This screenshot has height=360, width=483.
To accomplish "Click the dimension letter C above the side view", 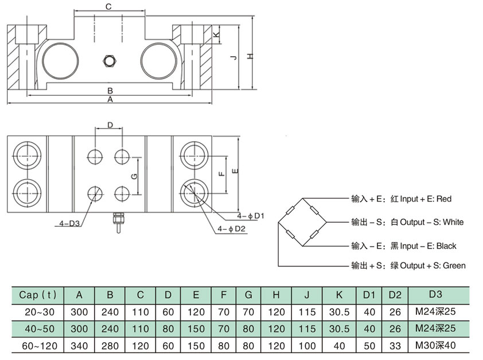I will (x=108, y=6).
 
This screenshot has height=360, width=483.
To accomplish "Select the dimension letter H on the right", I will (x=250, y=56).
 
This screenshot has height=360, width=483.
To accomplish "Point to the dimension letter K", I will (x=216, y=35).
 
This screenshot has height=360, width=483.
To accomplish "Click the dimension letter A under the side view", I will (x=109, y=99).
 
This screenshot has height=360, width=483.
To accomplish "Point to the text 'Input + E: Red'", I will (x=421, y=199).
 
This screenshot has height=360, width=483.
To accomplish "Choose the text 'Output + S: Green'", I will (x=424, y=266).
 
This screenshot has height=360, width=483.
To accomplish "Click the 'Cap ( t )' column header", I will (x=38, y=295).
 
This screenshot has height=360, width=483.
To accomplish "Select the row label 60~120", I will (x=38, y=347).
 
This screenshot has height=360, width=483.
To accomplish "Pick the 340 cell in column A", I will (x=80, y=347).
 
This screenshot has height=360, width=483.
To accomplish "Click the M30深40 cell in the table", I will (x=435, y=347).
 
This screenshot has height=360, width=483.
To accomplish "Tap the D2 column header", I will (x=394, y=295).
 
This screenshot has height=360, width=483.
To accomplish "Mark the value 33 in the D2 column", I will (x=394, y=347).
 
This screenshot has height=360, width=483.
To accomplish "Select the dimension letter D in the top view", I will (x=110, y=124).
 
